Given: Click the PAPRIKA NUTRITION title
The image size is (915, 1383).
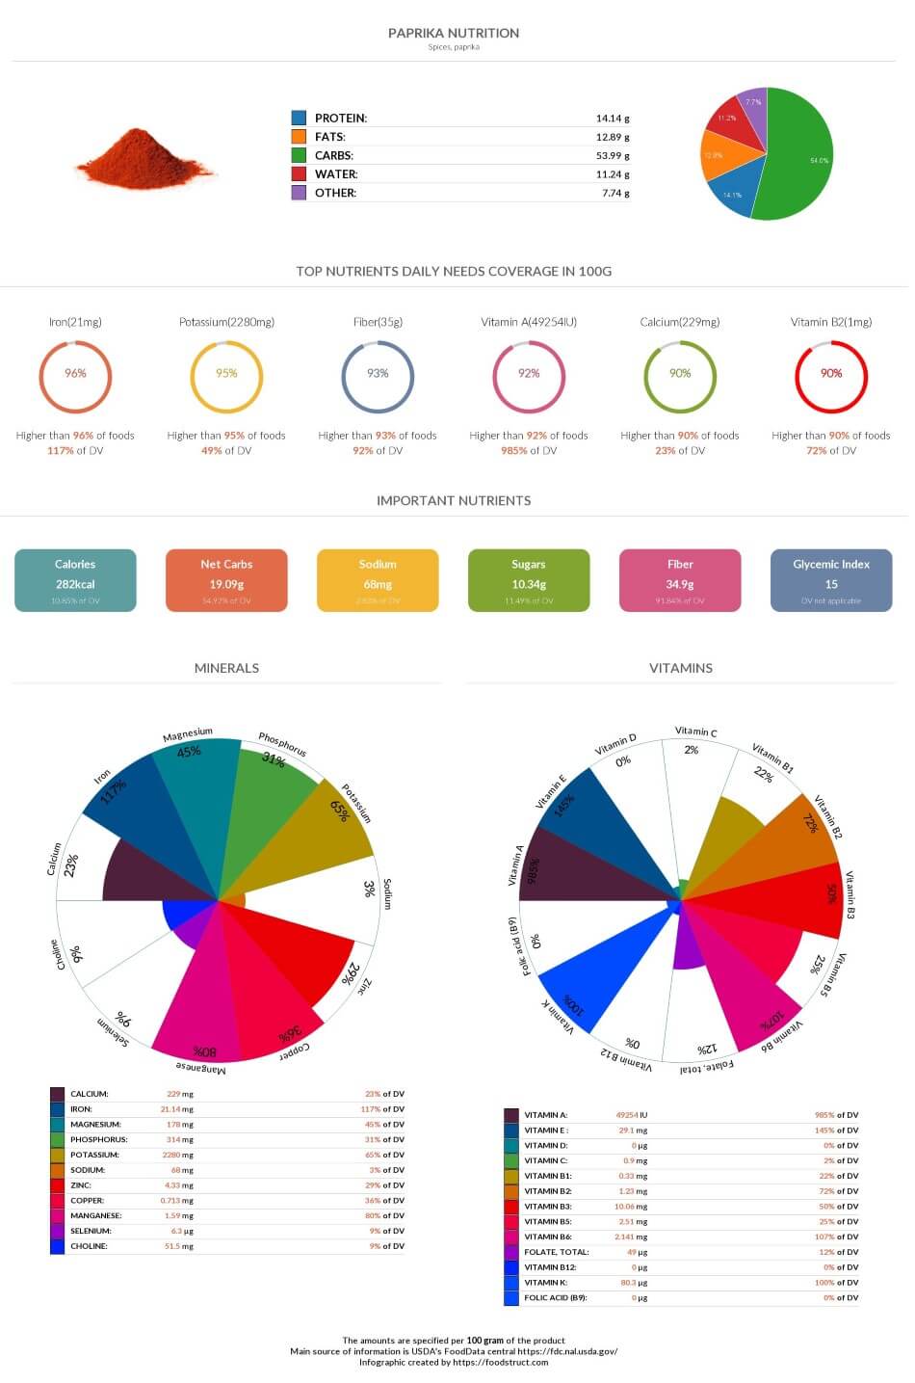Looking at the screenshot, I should point(453,33).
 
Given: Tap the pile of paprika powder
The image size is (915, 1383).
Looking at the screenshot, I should point(144,160).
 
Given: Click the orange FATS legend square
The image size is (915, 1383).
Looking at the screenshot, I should point(300,137).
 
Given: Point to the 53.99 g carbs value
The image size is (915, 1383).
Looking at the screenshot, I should point(612,155).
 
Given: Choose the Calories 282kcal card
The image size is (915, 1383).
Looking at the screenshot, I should point(75,580).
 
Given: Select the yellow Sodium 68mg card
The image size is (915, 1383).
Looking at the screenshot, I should point(378,580).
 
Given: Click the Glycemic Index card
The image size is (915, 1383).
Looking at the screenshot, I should point(830,580).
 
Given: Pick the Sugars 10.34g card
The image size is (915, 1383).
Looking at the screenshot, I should point(529,580).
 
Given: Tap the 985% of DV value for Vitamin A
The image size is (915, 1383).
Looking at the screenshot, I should point(836,1115).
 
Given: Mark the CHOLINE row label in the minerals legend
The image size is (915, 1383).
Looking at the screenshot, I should point(89,1246).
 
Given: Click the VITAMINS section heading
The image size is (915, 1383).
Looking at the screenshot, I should point(680,668).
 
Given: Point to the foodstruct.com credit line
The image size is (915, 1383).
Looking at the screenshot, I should point(454,1362).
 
